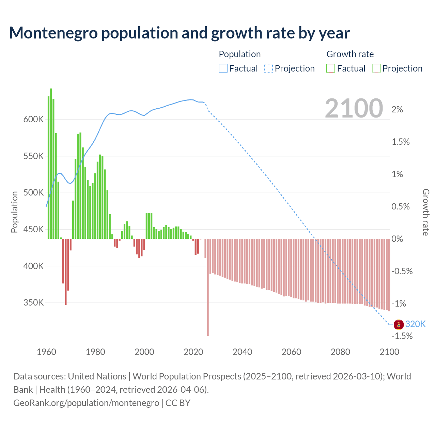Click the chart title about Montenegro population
179,33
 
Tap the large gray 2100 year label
354,108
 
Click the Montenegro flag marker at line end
399,325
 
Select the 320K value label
415,324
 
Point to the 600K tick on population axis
33,120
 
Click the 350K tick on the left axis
33,302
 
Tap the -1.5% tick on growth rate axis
402,336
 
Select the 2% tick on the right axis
397,109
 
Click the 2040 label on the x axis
242,352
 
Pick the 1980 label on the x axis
95,352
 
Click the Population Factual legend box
223,68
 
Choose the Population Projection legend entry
290,68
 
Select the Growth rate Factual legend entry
346,68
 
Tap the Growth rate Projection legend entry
398,68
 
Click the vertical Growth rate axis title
425,212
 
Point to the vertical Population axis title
14,212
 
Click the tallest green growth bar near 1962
51,163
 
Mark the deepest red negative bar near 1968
66,271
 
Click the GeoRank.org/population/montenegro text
86,403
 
